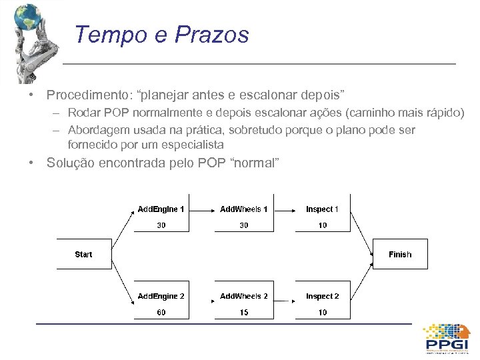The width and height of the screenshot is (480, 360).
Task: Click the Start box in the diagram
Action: pos(83,254)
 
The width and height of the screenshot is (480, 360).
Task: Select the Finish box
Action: pos(400,254)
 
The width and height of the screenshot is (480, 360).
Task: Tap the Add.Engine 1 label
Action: pos(161,209)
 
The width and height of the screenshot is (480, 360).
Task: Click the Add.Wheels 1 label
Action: pos(244,209)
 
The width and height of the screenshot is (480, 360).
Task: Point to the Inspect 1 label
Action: pos(323,209)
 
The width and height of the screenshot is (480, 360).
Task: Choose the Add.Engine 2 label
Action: pos(161,296)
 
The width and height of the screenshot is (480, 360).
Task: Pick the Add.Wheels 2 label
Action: pos(244,296)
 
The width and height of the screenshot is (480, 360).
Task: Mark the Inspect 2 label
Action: pos(323,296)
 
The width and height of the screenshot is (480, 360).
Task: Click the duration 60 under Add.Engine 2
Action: pos(161,312)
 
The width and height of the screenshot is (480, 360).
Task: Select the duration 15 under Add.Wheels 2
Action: pos(244,312)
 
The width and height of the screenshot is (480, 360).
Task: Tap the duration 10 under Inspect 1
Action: pos(323,225)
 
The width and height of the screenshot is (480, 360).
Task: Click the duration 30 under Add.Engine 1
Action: pos(161,225)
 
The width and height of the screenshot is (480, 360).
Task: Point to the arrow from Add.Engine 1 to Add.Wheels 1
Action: pos(203,209)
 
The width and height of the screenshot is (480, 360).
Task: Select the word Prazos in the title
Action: pos(211,35)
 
